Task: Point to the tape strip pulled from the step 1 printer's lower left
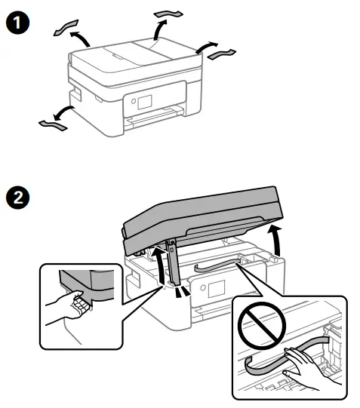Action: (48, 121)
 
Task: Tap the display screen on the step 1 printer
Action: (142, 103)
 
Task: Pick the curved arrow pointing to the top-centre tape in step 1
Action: (160, 30)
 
